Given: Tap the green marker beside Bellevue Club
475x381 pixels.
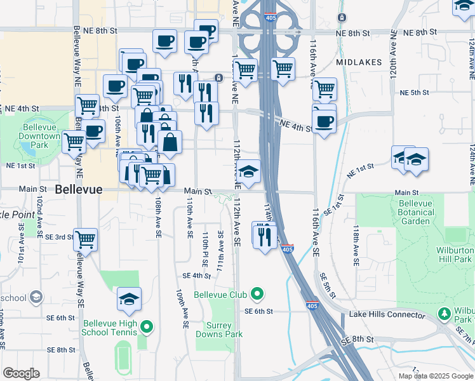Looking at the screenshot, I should (257, 294).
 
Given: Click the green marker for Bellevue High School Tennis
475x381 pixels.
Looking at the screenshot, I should (147, 327).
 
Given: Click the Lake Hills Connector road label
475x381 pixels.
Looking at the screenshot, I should (387, 315).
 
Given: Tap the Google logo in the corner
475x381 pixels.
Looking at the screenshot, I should (21, 373).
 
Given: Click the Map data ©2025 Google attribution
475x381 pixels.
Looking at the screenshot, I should (435, 376).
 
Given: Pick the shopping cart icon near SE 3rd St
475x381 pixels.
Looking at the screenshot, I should (85, 240).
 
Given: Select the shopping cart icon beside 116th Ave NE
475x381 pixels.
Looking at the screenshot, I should (324, 90).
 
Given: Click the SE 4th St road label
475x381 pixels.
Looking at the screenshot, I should (196, 276).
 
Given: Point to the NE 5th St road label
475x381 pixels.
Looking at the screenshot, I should (415, 93).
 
